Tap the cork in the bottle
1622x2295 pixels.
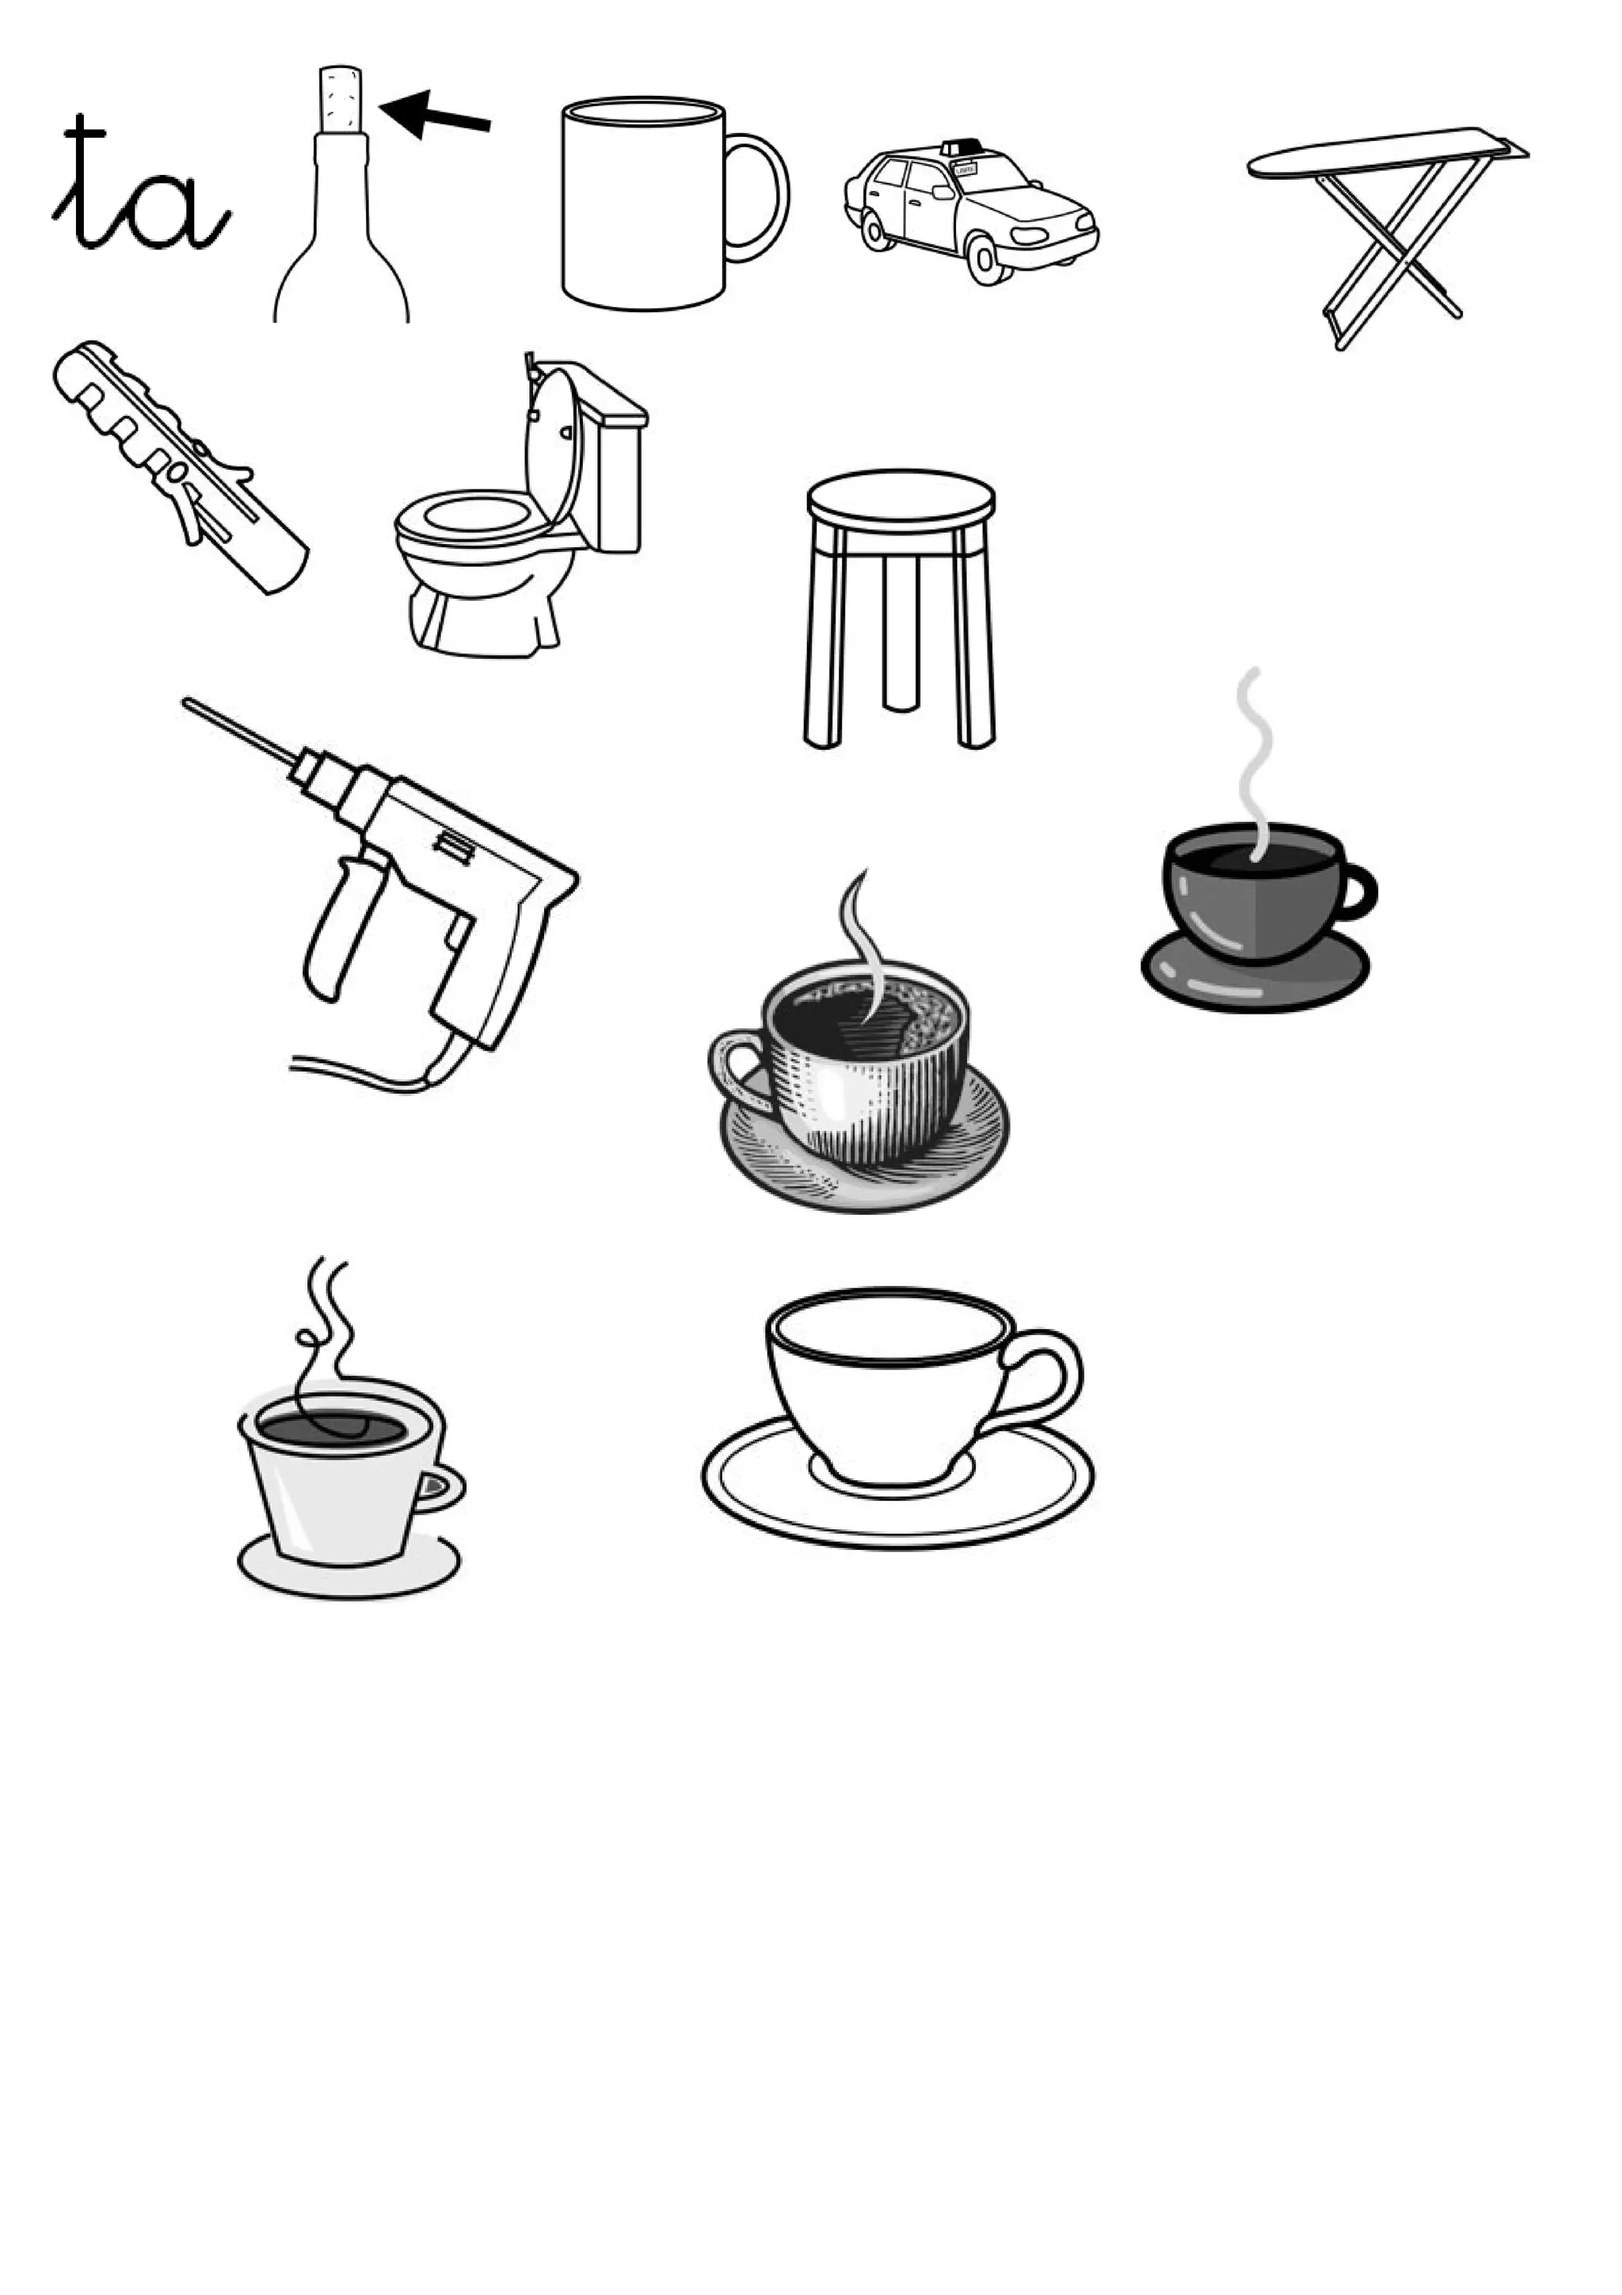(340, 100)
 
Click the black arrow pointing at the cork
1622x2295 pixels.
(436, 114)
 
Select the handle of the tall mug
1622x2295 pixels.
(760, 197)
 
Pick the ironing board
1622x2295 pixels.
(1389, 235)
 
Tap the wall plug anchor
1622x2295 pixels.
(180, 466)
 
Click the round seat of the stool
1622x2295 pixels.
(900, 497)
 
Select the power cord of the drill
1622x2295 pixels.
(380, 1070)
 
